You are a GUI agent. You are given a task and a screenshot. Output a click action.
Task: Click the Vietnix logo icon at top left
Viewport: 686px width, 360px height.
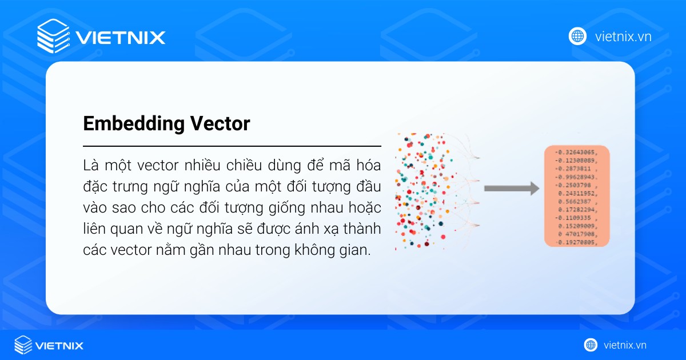pyautogui.click(x=54, y=37)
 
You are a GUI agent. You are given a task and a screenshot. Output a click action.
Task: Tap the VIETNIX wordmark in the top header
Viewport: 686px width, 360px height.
pyautogui.click(x=120, y=38)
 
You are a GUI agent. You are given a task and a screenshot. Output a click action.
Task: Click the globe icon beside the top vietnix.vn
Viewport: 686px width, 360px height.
pyautogui.click(x=577, y=36)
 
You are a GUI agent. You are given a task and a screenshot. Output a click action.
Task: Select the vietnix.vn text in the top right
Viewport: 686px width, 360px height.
pyautogui.click(x=623, y=37)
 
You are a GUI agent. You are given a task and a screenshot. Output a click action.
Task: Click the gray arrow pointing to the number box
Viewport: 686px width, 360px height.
pyautogui.click(x=512, y=188)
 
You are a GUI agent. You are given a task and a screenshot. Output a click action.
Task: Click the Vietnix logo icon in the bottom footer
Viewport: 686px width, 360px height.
pyautogui.click(x=23, y=345)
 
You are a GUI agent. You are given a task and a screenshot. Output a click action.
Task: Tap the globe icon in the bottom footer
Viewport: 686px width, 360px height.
pyautogui.click(x=591, y=345)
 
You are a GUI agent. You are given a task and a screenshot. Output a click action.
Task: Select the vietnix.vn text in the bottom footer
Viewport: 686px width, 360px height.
pyautogui.click(x=625, y=345)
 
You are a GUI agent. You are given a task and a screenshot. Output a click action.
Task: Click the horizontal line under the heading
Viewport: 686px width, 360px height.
pyautogui.click(x=232, y=146)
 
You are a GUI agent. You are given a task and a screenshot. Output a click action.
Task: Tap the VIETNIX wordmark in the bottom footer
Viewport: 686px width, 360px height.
pyautogui.click(x=59, y=346)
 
